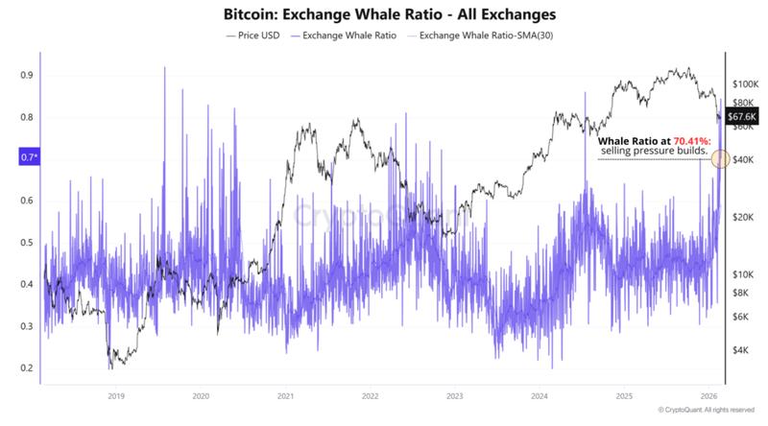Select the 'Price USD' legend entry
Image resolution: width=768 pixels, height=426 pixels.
pos(253,35)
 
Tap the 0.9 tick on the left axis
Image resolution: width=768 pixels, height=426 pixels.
pos(25,75)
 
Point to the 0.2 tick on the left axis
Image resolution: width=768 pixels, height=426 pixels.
pos(25,368)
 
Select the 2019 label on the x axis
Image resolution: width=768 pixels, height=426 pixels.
pos(115,395)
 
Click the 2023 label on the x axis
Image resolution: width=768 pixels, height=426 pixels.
pos(454,395)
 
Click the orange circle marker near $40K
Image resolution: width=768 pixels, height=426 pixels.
pos(721,158)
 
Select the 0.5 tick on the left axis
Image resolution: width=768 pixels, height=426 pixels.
pos(25,242)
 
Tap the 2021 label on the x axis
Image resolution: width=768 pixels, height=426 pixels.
pos(284,395)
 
